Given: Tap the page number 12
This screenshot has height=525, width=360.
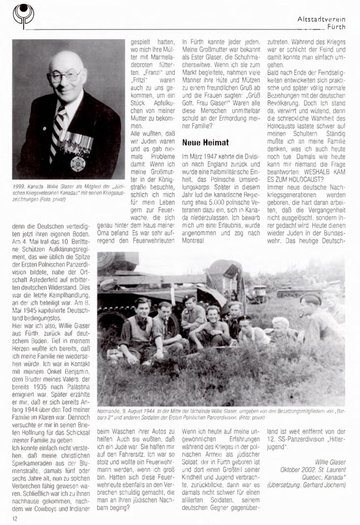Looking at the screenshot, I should coord(14,519).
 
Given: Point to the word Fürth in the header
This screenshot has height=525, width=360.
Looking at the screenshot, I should coord(336,27).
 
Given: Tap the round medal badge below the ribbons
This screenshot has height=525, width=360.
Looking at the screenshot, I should coord(77,163).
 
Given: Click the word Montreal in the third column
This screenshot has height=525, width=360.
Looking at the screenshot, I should coord(193,241).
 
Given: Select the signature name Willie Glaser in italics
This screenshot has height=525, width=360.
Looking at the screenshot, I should coord(330,462).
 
